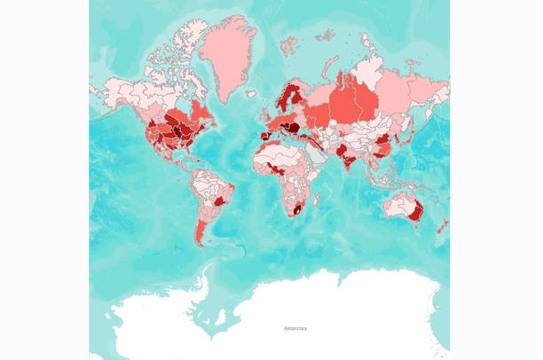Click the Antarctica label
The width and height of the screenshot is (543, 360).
tap(296, 329)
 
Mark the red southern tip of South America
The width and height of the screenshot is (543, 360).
tap(201, 235)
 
